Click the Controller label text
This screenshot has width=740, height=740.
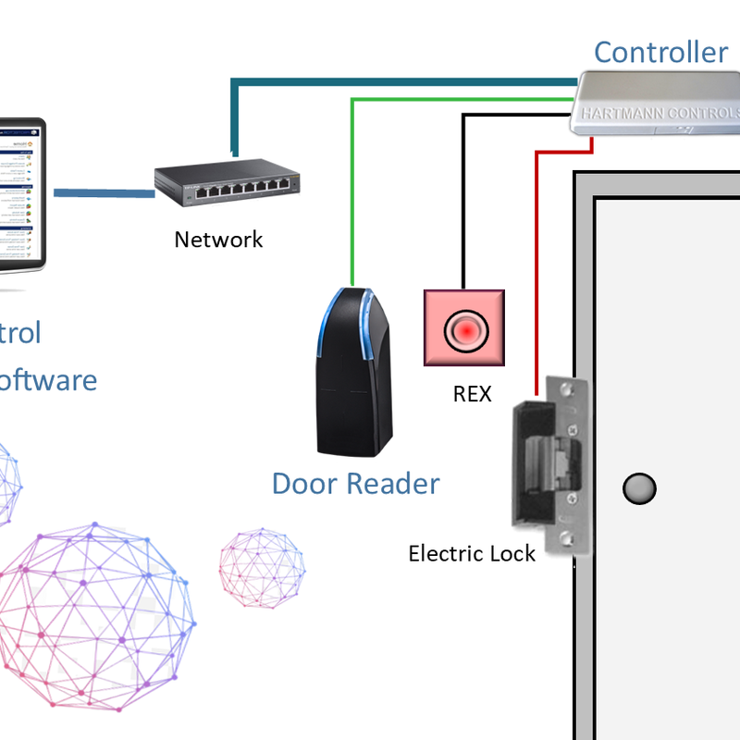pyautogui.click(x=660, y=52)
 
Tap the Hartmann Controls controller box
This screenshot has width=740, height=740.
pyautogui.click(x=658, y=109)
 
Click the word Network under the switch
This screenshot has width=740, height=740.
pyautogui.click(x=218, y=240)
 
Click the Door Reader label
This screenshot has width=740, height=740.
pyautogui.click(x=355, y=483)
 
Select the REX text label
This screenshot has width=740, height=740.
pyautogui.click(x=472, y=394)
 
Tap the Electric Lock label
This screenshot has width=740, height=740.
pyautogui.click(x=472, y=554)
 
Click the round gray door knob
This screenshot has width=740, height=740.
pyautogui.click(x=639, y=487)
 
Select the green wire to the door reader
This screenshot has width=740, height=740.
pyautogui.click(x=352, y=185)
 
